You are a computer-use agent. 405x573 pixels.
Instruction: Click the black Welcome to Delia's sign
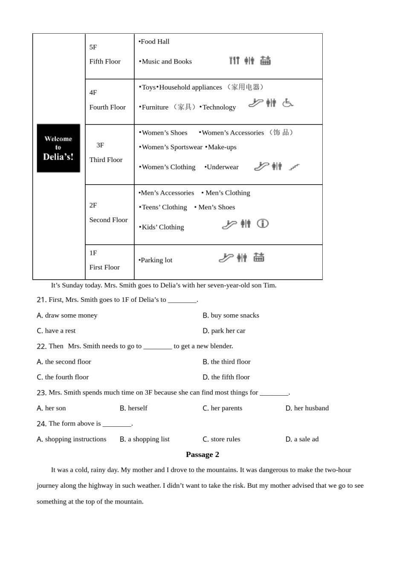point(58,148)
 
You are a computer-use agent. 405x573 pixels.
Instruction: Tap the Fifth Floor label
point(105,61)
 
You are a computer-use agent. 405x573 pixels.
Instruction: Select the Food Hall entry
point(154,42)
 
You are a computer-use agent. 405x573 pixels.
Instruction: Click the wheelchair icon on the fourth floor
point(288,103)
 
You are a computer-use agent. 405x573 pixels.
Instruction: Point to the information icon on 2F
point(263,223)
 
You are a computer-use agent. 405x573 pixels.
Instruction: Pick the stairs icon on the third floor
point(294,167)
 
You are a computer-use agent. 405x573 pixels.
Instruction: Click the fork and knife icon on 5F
point(234,61)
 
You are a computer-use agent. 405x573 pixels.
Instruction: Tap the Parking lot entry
point(156,260)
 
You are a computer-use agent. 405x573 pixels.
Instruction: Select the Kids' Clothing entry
point(162,227)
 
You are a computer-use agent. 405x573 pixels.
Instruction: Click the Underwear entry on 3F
point(222,167)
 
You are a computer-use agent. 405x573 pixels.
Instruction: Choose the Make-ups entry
point(221,147)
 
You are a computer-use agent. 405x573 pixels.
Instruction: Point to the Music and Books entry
point(166,61)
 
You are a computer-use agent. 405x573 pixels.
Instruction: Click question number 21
point(41,300)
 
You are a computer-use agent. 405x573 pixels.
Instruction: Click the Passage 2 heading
point(202,454)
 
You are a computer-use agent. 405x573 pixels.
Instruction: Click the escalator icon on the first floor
point(226,258)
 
